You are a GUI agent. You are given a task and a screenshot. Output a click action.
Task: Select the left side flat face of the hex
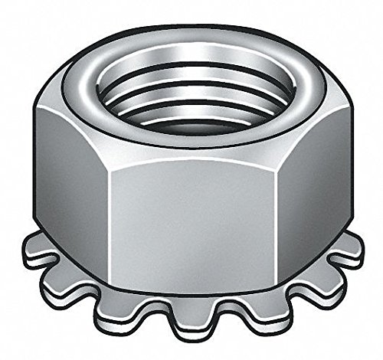[69, 184]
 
